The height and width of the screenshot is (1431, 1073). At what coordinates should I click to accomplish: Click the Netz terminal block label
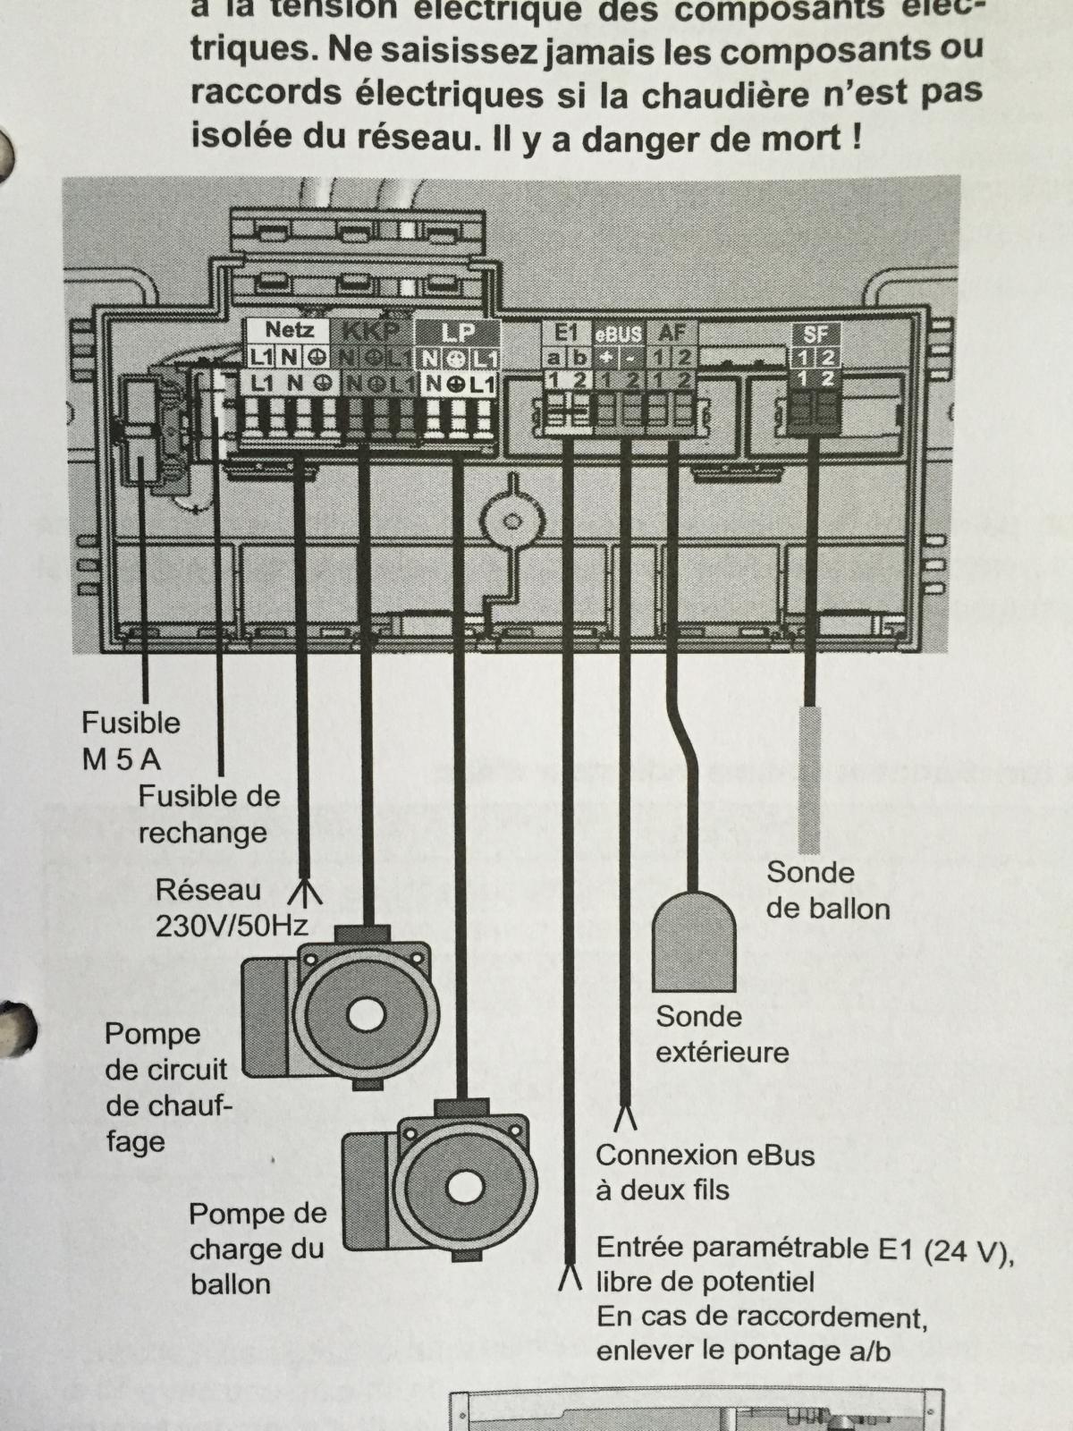tap(288, 330)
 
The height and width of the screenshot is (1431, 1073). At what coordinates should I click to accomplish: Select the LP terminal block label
tap(458, 332)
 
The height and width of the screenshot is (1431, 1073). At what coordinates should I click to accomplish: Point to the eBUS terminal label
tap(619, 334)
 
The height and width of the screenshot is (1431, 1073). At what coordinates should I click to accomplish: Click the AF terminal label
tap(672, 332)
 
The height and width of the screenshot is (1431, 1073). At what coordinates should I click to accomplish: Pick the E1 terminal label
tap(567, 332)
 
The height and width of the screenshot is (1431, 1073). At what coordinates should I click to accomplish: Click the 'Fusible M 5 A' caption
tap(131, 741)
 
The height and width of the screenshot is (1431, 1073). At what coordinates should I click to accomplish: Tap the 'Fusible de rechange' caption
tap(208, 814)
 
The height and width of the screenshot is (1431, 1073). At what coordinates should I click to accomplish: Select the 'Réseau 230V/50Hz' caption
tap(231, 907)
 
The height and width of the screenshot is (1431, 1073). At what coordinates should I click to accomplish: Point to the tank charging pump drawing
tap(444, 1181)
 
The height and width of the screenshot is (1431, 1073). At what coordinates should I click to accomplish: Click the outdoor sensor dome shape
tap(695, 942)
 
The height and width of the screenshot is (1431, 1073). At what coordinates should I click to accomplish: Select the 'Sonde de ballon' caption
tap(828, 891)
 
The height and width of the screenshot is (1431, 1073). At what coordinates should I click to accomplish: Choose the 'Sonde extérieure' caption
tap(722, 1034)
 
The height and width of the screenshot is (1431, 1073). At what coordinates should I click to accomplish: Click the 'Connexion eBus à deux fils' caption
tap(705, 1173)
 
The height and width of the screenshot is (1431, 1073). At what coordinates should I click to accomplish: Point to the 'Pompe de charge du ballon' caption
tap(257, 1249)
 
